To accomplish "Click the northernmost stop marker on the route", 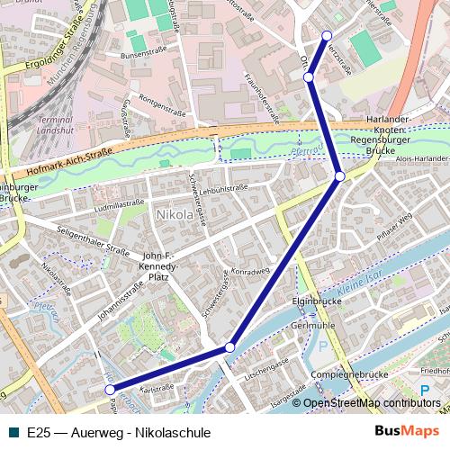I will click(x=327, y=36).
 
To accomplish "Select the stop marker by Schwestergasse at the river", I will click(x=230, y=347).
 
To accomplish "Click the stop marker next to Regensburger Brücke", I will click(x=339, y=175).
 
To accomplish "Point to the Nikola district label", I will click(x=175, y=216).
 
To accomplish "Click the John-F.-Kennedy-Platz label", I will click(x=162, y=267).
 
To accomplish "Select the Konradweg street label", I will click(x=251, y=270).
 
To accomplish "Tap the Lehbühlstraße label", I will click(x=224, y=189).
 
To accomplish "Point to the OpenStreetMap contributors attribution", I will click(x=366, y=402).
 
